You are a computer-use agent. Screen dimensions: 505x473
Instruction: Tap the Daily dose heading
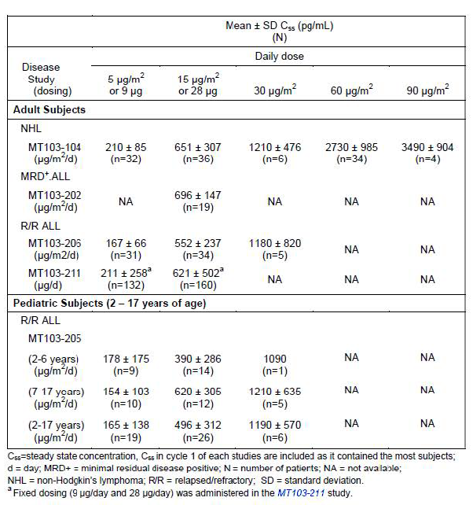click(279, 57)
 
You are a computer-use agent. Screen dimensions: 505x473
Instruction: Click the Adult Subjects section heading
click(49, 109)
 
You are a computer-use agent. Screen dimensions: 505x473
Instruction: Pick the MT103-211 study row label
click(55, 273)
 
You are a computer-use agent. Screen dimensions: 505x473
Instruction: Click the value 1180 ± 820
click(274, 243)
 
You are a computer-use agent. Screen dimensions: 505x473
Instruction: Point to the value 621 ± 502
click(197, 272)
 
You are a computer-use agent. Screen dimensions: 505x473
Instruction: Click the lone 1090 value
click(274, 359)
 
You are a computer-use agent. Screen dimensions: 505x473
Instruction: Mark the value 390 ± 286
click(197, 359)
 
